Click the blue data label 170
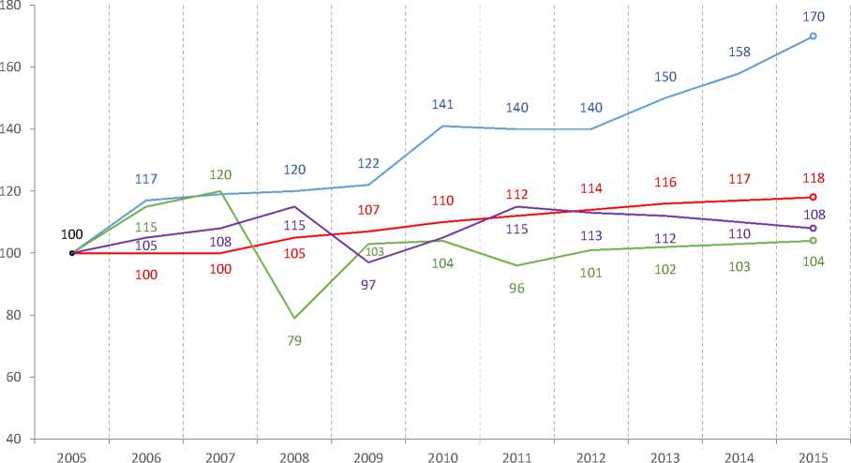pyautogui.click(x=813, y=16)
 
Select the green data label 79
pyautogui.click(x=294, y=340)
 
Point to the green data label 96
pyautogui.click(x=516, y=289)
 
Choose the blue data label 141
pyautogui.click(x=442, y=105)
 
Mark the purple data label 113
pyautogui.click(x=590, y=235)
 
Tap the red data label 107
pyautogui.click(x=367, y=208)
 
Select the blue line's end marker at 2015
pyautogui.click(x=813, y=37)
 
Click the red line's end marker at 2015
pyautogui.click(x=813, y=197)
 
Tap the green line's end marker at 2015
pyautogui.click(x=813, y=241)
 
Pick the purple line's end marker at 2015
pyautogui.click(x=813, y=228)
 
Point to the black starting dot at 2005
pyautogui.click(x=72, y=253)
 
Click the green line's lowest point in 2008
pyautogui.click(x=294, y=318)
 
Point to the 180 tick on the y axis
pyautogui.click(x=19, y=6)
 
